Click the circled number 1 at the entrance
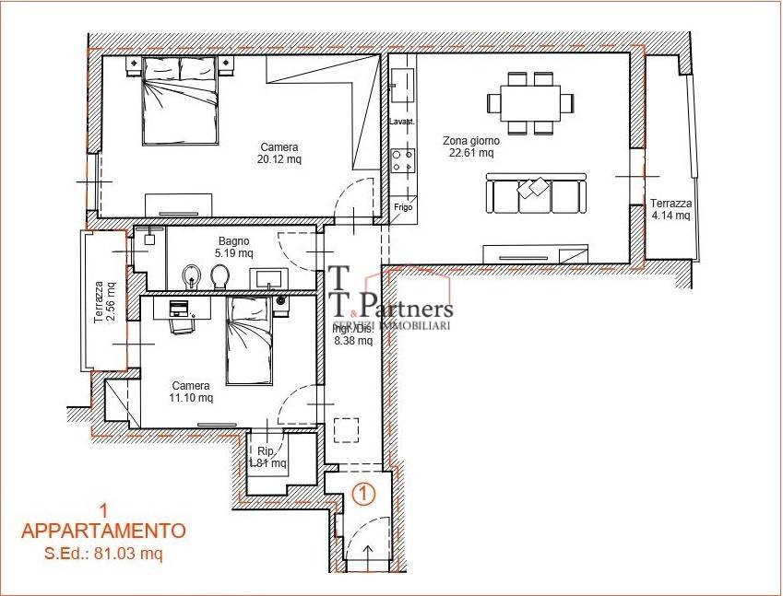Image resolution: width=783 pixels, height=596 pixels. (x=364, y=494)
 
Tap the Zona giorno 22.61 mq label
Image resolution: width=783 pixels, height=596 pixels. (x=469, y=146)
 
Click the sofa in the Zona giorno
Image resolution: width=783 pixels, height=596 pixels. (x=535, y=194)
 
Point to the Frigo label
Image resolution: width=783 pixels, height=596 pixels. (x=402, y=207)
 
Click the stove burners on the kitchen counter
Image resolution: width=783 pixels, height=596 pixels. (x=401, y=161)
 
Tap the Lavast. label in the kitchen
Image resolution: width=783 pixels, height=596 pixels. (x=402, y=122)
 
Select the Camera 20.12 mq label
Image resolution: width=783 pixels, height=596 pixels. (x=279, y=153)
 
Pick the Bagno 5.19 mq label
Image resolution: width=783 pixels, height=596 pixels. (x=234, y=247)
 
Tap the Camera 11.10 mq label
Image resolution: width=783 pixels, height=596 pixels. (x=191, y=391)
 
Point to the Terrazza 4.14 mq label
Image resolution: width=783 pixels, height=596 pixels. (x=670, y=209)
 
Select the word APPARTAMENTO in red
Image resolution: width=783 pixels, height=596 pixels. (x=103, y=531)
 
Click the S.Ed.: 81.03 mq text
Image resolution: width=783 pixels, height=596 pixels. (x=103, y=554)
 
